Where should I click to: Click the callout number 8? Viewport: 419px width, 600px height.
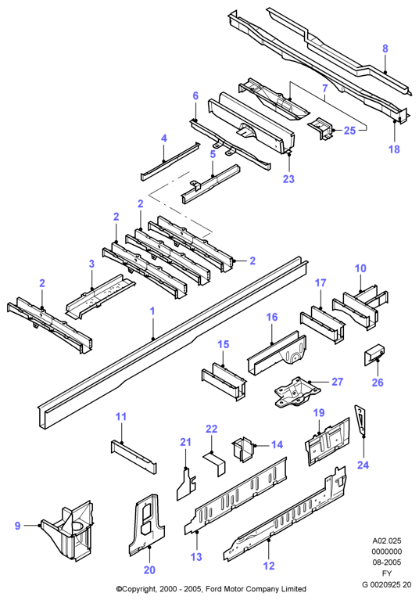385,49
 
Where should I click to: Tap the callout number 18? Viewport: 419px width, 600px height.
394,149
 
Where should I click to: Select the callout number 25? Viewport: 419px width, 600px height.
349,131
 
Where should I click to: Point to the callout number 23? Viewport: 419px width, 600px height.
288,178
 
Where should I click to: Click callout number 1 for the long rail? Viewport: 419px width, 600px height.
152,311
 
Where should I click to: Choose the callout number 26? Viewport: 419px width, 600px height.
378,383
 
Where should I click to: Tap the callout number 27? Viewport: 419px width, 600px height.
337,382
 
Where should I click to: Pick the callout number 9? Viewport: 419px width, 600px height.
17,526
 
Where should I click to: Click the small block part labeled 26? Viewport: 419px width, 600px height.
374,354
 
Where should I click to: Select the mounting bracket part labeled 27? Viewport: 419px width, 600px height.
296,392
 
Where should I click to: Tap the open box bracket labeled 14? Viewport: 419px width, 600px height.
243,449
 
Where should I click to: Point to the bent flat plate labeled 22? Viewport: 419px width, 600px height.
215,462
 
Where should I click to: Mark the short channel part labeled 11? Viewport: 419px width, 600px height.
134,457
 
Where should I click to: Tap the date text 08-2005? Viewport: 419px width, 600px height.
387,562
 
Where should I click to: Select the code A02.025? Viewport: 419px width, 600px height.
387,541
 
